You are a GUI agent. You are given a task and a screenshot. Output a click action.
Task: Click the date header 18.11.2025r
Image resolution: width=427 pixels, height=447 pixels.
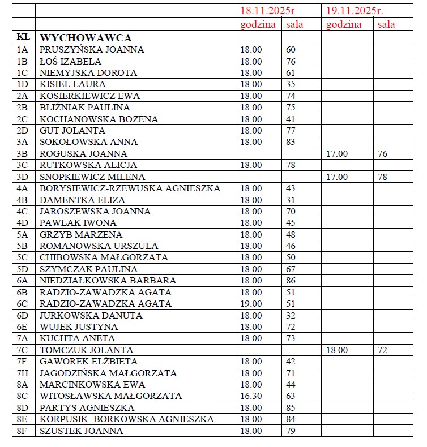pyautogui.click(x=267, y=11)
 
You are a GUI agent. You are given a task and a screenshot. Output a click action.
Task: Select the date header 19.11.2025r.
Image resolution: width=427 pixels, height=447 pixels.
pyautogui.click(x=355, y=11)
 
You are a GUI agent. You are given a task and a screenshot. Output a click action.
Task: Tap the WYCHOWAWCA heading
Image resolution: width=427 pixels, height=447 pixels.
pyautogui.click(x=86, y=37)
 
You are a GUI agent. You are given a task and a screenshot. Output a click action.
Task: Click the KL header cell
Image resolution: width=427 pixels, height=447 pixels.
pyautogui.click(x=23, y=37)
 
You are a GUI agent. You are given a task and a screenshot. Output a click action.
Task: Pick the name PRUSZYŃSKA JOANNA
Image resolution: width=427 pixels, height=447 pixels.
pyautogui.click(x=92, y=49)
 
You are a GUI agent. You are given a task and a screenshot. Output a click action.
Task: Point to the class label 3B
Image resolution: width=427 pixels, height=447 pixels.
pyautogui.click(x=23, y=153)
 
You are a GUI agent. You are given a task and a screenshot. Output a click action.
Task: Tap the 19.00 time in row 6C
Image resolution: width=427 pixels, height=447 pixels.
pyautogui.click(x=251, y=303)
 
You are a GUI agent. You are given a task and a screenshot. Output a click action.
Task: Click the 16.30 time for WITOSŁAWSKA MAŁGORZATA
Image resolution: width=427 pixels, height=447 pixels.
pyautogui.click(x=251, y=396)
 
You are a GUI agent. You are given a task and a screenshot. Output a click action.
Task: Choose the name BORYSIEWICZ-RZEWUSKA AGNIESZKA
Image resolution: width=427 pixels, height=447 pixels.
pyautogui.click(x=130, y=188)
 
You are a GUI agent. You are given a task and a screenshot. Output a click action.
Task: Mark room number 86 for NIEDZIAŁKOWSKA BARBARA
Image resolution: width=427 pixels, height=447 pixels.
pyautogui.click(x=291, y=280)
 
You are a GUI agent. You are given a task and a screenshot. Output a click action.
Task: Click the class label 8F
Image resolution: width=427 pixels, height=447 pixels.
pyautogui.click(x=23, y=431)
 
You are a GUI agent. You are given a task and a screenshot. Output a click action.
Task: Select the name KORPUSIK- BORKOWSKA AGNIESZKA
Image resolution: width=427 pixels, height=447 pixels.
pyautogui.click(x=126, y=419)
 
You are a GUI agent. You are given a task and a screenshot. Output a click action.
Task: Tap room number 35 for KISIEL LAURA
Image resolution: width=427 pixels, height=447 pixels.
pyautogui.click(x=291, y=84)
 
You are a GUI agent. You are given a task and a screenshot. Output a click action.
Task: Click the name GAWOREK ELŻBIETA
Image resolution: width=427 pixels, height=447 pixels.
pyautogui.click(x=89, y=361)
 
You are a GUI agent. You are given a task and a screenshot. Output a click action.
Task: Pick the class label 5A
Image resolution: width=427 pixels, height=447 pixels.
pyautogui.click(x=23, y=234)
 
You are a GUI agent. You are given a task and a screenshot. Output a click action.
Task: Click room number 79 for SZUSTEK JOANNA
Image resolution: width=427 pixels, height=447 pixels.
pyautogui.click(x=291, y=431)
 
